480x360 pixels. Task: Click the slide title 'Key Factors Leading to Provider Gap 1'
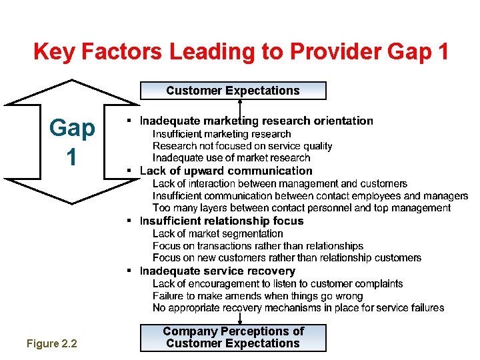coord(241,51)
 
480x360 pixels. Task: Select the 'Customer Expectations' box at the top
coord(233,91)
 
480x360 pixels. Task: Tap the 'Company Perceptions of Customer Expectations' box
coord(233,337)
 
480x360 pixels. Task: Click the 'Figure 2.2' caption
coord(52,343)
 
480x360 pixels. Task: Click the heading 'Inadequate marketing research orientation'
coord(256,121)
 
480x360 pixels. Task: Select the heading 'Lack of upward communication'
coord(226,171)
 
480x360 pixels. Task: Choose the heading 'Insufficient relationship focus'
coord(221,221)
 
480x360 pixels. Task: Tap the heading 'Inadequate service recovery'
coord(217,271)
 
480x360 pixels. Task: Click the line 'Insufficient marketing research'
coord(222,134)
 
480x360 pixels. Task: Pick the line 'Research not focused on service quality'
coord(242,146)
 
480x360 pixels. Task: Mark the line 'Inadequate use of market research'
coord(231,158)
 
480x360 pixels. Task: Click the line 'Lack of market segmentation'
coord(218,233)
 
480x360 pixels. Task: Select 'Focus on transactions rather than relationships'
coord(258,246)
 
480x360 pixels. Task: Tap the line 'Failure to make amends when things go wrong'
coord(258,296)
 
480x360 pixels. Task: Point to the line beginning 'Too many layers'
coord(301,208)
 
